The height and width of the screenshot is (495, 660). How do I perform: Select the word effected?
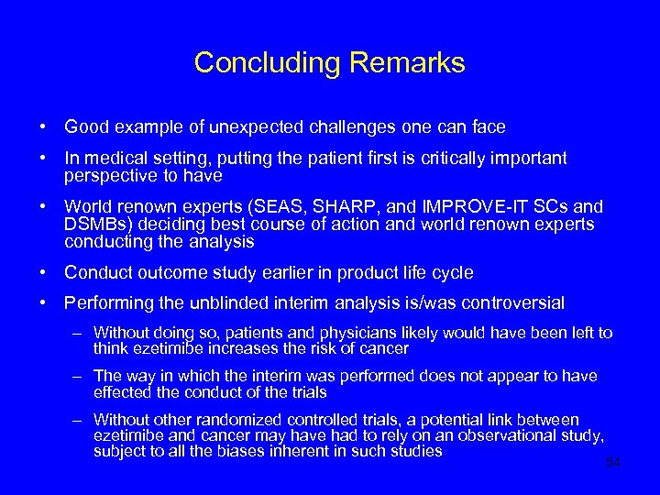coord(121,391)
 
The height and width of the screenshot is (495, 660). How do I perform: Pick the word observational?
coord(491,435)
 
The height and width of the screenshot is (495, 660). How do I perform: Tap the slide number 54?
coord(613,462)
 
